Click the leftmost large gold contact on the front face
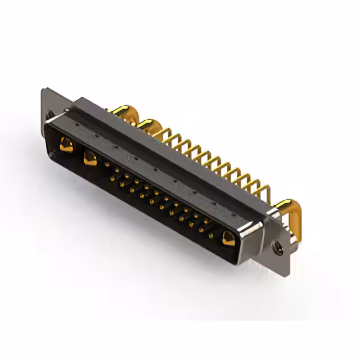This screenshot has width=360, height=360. (x=66, y=146)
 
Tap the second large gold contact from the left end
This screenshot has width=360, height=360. (x=90, y=158)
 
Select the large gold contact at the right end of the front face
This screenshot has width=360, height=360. (x=228, y=238)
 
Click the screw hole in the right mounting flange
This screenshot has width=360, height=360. (x=277, y=245)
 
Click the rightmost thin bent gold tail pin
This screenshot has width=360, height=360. (x=260, y=189)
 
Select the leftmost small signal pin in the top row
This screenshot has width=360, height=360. (x=107, y=164)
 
